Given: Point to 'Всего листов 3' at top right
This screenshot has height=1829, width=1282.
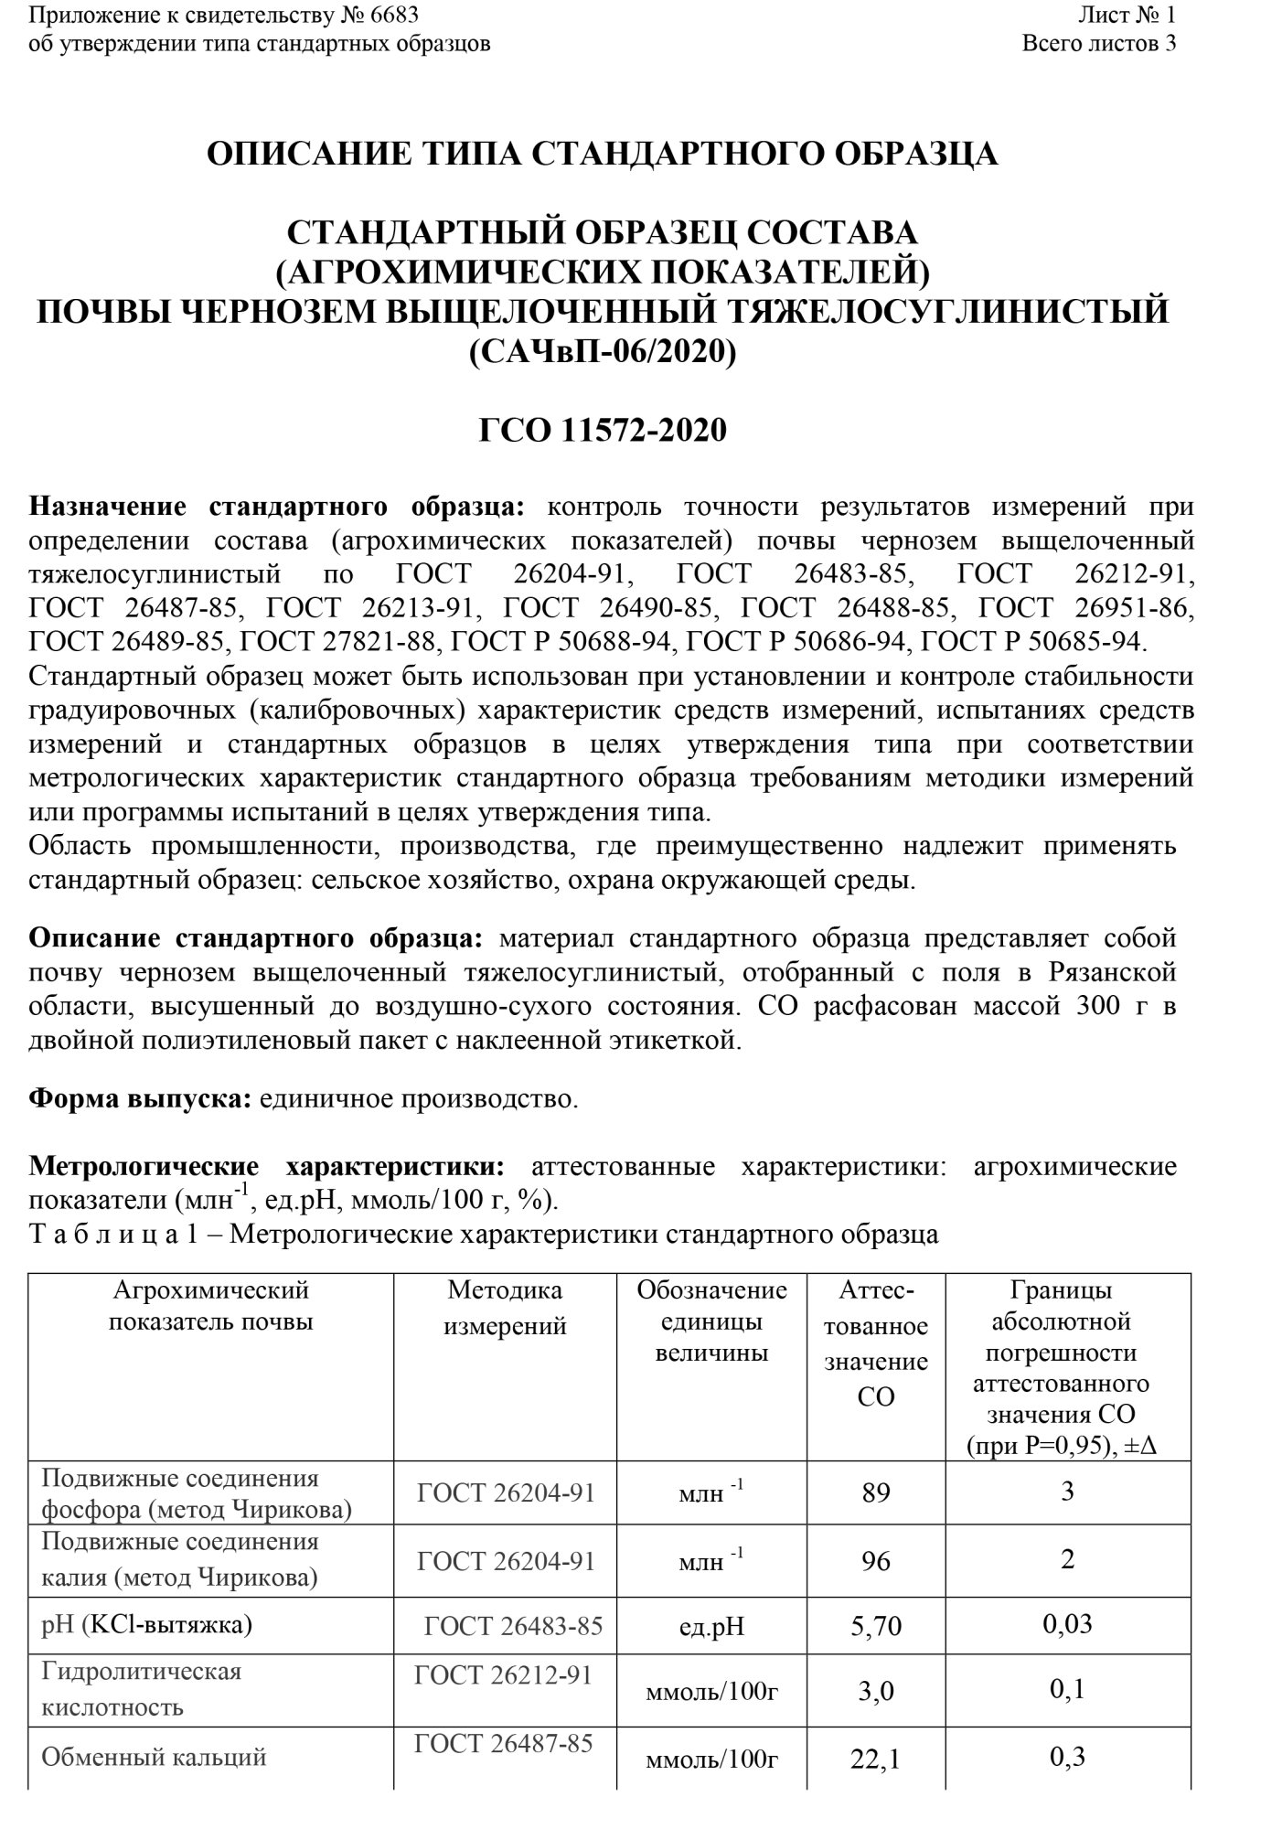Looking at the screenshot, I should click(1098, 43).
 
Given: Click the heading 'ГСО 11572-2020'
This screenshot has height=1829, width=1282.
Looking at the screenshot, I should click(603, 430).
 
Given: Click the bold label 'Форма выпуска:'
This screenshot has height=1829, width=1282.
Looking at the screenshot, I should click(140, 1098).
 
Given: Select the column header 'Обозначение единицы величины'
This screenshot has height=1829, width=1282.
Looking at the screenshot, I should click(711, 1321).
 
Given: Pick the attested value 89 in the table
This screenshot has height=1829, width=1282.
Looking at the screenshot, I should click(875, 1492).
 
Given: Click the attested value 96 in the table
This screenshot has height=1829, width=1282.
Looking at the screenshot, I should click(875, 1560).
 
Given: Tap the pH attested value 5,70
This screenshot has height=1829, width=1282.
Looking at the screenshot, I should click(875, 1626).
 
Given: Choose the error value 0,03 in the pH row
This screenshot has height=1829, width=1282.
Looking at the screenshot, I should click(1067, 1625).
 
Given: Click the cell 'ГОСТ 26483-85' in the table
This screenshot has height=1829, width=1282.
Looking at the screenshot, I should click(513, 1626).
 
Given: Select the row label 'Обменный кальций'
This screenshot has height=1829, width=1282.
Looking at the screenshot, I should click(155, 1756).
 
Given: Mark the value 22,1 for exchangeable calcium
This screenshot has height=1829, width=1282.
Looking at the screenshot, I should click(875, 1759).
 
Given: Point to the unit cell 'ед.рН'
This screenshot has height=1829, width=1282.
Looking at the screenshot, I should click(711, 1627).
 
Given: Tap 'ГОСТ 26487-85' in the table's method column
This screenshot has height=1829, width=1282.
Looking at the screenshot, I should click(504, 1744).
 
